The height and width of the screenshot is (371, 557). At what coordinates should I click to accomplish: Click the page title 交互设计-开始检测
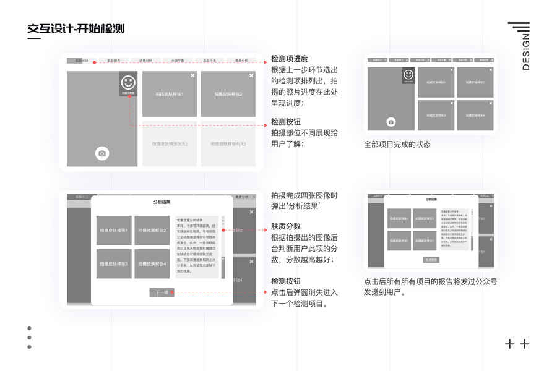[x=76, y=28]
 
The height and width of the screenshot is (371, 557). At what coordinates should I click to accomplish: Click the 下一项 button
[x=162, y=292]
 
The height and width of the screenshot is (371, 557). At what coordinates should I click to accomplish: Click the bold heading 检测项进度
[x=290, y=59]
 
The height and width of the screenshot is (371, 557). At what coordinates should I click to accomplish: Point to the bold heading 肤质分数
[x=286, y=226]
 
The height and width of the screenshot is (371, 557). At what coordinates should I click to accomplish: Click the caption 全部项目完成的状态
[x=397, y=145]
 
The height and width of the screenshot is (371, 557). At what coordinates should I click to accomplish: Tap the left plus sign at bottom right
[x=510, y=344]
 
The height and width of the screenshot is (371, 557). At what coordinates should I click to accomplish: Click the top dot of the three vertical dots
[x=29, y=329]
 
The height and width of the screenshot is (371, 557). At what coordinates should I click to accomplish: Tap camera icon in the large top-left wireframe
[x=102, y=153]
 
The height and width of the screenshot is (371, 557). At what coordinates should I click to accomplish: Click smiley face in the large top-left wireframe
[x=127, y=82]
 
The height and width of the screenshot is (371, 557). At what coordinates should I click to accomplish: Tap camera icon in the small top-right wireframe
[x=391, y=122]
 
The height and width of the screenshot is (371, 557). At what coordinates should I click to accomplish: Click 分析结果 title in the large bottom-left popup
[x=162, y=202]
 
